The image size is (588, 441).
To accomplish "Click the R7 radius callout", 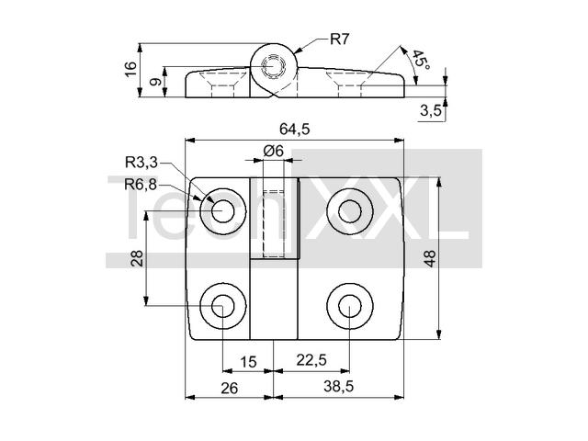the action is click(x=339, y=39).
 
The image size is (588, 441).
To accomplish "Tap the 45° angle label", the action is click(x=422, y=60).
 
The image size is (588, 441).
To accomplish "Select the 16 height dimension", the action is click(x=130, y=69).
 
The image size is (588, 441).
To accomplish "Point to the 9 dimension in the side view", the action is click(x=155, y=81).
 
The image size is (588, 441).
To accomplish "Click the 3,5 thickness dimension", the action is click(x=431, y=110).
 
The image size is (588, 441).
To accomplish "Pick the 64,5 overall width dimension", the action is click(x=295, y=130).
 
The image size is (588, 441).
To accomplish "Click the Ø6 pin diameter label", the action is click(x=274, y=151).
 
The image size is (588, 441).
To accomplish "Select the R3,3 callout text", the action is click(x=141, y=163).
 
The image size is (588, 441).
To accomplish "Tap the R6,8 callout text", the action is click(x=141, y=185).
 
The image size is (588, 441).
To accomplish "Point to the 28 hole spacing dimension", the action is click(x=137, y=258).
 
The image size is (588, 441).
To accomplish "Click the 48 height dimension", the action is click(x=430, y=258).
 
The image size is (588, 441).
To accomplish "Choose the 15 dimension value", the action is click(x=248, y=362).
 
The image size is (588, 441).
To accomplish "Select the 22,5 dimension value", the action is click(x=311, y=360).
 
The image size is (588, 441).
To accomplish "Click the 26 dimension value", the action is click(x=229, y=389).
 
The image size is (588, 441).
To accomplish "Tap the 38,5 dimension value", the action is click(x=339, y=386).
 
